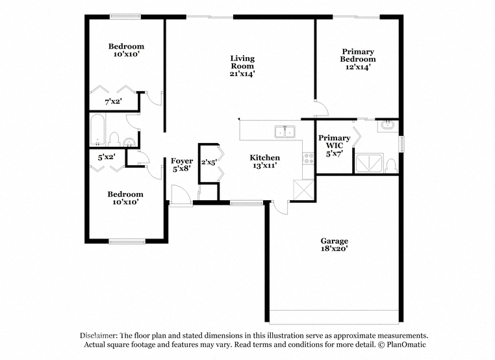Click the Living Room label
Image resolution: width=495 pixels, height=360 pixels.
(242, 66)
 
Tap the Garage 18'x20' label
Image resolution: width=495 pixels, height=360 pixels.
(335, 245)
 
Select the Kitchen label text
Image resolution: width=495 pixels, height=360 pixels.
(264, 157)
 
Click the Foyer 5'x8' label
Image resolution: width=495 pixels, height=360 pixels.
(182, 165)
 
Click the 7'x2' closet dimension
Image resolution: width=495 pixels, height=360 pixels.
(113, 101)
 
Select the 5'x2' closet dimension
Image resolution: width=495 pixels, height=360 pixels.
(107, 157)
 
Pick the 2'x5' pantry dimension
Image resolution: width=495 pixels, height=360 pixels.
(209, 162)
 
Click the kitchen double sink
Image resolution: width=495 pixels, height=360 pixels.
(285, 131)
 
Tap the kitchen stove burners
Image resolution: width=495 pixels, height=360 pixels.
(309, 158)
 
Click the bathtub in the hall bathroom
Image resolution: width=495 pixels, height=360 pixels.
(97, 130)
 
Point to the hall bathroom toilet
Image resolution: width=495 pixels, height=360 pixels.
(114, 140)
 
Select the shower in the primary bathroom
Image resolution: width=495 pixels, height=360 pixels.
(370, 163)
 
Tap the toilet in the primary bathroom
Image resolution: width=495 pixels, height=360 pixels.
(392, 166)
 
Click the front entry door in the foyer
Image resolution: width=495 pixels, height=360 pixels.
(181, 196)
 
